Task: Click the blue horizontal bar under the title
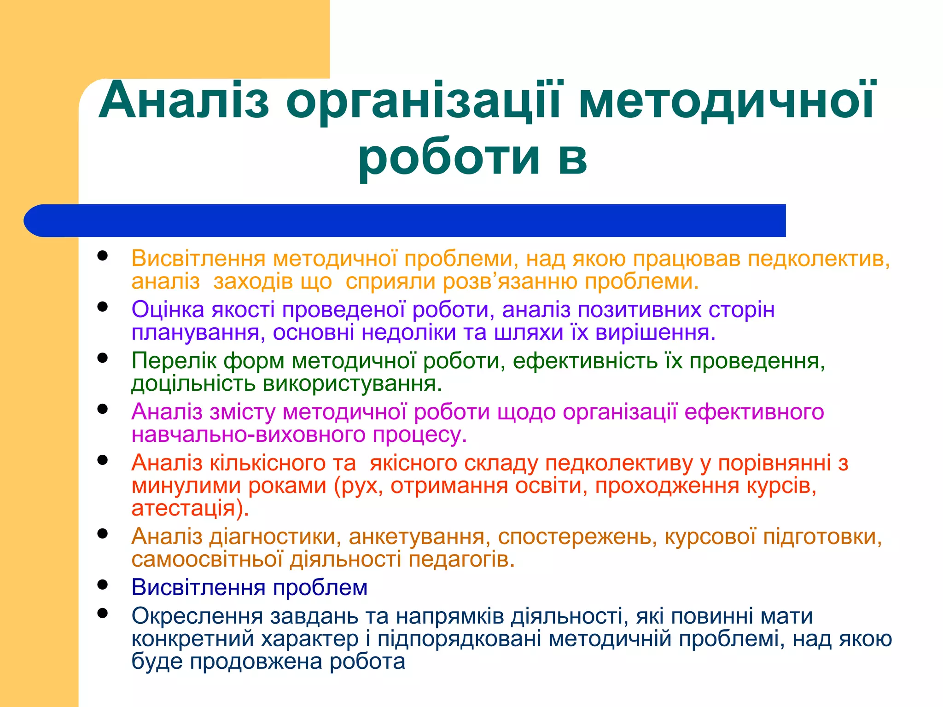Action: coord(405,220)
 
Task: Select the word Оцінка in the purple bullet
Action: coord(168,309)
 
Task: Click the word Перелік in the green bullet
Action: coord(174,360)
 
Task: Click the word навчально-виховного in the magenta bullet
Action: coord(248,435)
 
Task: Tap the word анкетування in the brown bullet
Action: coord(416,537)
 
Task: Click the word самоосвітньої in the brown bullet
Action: coord(207,560)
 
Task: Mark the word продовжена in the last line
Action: coord(256,662)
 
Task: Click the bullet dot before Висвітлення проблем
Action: coord(103,585)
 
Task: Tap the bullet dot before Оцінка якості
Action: coord(103,307)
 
